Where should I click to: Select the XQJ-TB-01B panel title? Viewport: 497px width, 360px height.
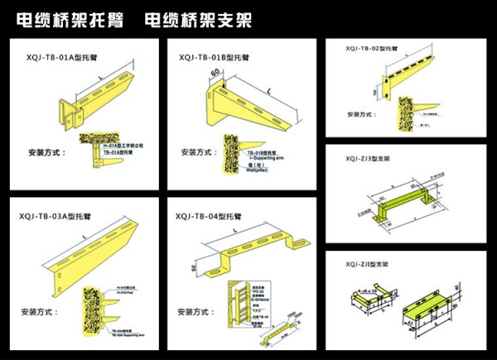click(213, 57)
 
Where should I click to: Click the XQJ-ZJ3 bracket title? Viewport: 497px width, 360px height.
click(367, 159)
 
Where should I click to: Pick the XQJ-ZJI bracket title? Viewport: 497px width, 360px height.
click(366, 264)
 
